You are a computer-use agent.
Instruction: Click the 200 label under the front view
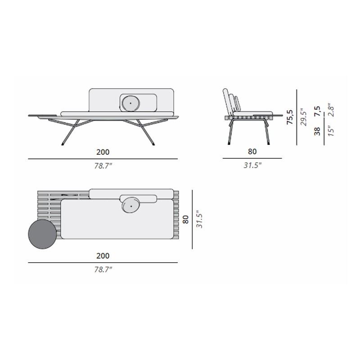click(x=103, y=152)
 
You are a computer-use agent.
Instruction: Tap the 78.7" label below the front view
click(x=103, y=166)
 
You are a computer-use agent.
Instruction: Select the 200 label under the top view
click(x=103, y=256)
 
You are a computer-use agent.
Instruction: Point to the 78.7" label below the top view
click(x=103, y=269)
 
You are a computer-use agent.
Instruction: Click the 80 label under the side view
click(x=252, y=152)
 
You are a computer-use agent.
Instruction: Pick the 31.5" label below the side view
click(x=252, y=165)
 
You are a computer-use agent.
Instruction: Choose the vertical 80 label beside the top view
click(x=185, y=219)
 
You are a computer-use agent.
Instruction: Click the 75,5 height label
click(x=290, y=117)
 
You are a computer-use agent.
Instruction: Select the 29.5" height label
click(x=303, y=117)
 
